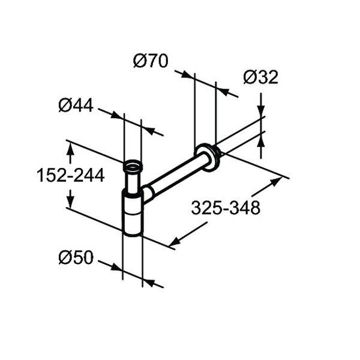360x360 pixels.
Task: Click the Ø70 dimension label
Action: click(x=151, y=61)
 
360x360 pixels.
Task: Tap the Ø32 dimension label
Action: click(x=260, y=77)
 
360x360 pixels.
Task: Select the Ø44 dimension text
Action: click(x=76, y=105)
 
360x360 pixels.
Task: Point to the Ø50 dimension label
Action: click(x=76, y=257)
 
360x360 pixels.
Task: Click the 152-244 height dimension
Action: click(x=70, y=175)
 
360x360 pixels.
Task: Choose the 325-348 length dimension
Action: click(x=226, y=208)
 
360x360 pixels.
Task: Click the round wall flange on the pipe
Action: click(x=208, y=157)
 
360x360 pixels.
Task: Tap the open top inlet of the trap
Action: click(x=133, y=166)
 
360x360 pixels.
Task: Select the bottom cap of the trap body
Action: click(x=132, y=231)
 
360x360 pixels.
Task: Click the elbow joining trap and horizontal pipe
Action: click(x=146, y=194)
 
